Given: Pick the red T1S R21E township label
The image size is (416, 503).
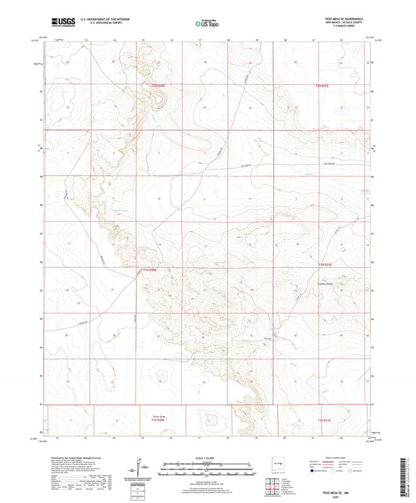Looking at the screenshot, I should click(325, 421).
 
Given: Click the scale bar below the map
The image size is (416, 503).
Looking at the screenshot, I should click(208, 470).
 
